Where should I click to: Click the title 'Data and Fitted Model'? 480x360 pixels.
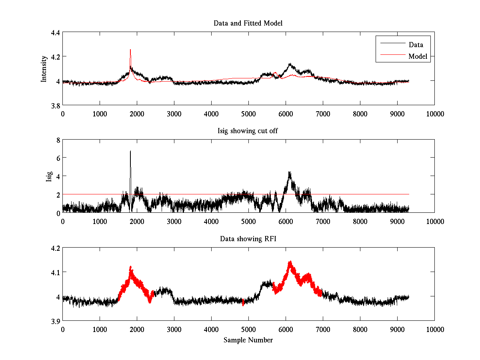pyautogui.click(x=248, y=23)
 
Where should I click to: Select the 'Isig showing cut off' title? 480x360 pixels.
pyautogui.click(x=248, y=131)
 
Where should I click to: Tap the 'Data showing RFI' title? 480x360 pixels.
pyautogui.click(x=248, y=239)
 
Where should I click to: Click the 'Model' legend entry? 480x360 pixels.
pyautogui.click(x=418, y=56)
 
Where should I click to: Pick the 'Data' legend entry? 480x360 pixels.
pyautogui.click(x=416, y=44)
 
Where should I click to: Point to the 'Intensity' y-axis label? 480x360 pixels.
pyautogui.click(x=44, y=69)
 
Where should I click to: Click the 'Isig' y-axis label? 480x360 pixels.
pyautogui.click(x=49, y=176)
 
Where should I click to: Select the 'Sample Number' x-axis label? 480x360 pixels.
pyautogui.click(x=248, y=340)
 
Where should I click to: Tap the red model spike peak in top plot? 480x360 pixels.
pyautogui.click(x=130, y=50)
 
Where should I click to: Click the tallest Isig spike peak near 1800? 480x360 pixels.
pyautogui.click(x=130, y=151)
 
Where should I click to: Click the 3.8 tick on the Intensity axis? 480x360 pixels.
pyautogui.click(x=55, y=105)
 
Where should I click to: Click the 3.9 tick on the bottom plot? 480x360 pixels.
pyautogui.click(x=55, y=321)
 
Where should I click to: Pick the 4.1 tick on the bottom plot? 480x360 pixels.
pyautogui.click(x=55, y=272)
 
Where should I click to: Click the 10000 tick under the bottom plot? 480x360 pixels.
pyautogui.click(x=434, y=329)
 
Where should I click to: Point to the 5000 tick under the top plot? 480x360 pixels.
pyautogui.click(x=248, y=114)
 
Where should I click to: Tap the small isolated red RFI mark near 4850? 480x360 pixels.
pyautogui.click(x=243, y=302)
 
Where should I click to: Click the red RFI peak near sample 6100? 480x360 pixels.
pyautogui.click(x=290, y=263)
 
